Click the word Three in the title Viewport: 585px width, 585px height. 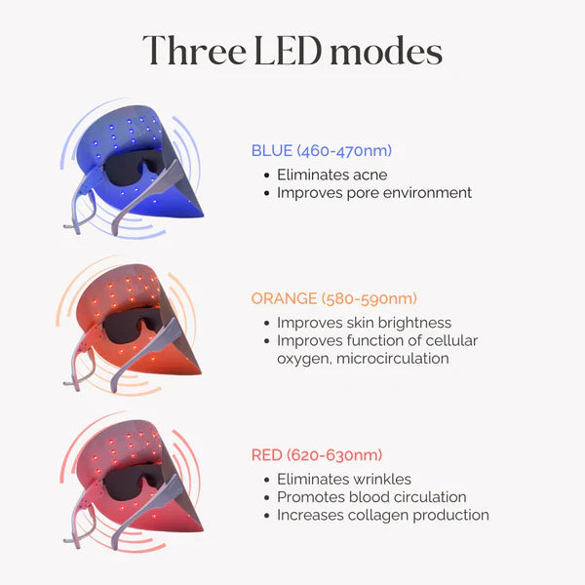coord(194,50)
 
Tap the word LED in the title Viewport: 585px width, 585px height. coord(288,50)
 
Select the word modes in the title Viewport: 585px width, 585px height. coord(386,50)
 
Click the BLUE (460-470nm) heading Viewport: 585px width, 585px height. coord(322,151)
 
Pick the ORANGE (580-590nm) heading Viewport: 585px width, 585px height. coord(333,298)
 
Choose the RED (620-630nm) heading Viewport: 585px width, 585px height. coord(317,454)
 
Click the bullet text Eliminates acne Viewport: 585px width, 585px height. coord(332,175)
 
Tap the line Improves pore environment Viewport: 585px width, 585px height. coord(374,193)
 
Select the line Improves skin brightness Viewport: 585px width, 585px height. coord(364,323)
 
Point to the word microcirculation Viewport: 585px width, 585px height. coord(393,359)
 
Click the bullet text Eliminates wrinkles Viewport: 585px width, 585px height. coord(344,479)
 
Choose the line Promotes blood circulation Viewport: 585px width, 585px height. coord(371,497)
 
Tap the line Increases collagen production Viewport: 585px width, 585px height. coord(383,515)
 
